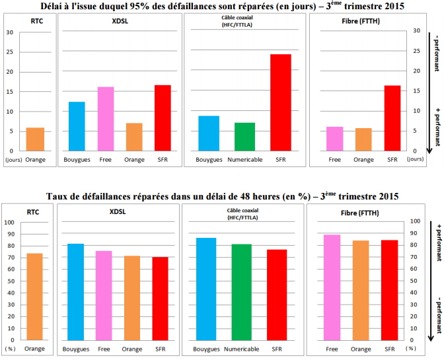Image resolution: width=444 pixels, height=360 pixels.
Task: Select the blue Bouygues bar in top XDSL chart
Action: pos(77,126)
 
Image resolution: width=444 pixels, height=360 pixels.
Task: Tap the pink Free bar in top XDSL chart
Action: pos(105,119)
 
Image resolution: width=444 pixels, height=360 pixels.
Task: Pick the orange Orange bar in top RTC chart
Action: pos(35,139)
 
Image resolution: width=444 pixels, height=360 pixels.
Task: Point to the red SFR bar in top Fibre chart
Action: pos(392,118)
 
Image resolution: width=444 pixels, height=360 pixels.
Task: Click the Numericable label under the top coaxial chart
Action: pos(244,160)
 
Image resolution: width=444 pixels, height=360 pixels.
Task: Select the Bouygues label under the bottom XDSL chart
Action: pos(76,349)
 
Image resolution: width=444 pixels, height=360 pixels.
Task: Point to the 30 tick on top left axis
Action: pos(9,32)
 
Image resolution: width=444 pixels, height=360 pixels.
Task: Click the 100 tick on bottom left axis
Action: pos(10,223)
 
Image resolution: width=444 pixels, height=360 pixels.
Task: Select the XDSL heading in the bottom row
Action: pos(119,213)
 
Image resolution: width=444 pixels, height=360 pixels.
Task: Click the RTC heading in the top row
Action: pos(36,22)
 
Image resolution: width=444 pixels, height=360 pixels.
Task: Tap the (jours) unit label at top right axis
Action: pos(416,159)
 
